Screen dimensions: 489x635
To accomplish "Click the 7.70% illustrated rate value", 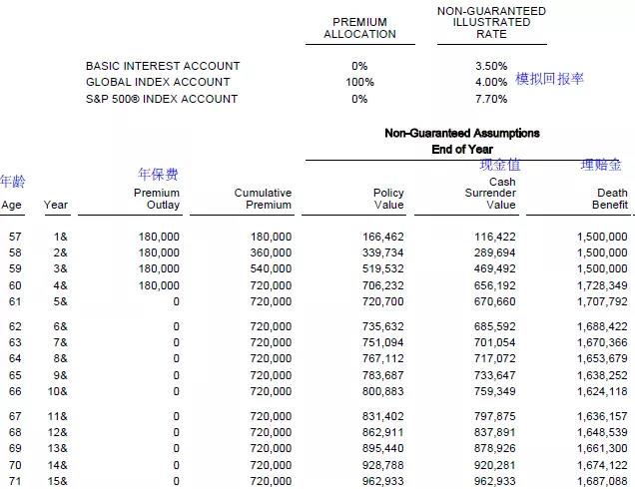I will click(491, 99).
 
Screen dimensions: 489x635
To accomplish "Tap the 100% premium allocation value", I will click(359, 82).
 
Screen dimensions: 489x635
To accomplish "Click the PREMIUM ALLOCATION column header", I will click(359, 28).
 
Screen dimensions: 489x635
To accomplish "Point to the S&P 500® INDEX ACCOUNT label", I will click(162, 99).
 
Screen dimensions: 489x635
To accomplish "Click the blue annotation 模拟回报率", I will click(550, 79).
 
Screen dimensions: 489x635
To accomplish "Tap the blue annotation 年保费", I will click(158, 175).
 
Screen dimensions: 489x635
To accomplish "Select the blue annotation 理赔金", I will click(601, 165).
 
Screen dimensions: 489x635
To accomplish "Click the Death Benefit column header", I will click(612, 199).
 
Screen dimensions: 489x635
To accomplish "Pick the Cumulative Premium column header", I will click(263, 199).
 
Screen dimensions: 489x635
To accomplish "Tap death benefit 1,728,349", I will click(602, 284).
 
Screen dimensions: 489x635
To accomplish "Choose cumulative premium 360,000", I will click(271, 252).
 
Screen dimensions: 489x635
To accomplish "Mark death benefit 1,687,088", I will click(602, 480).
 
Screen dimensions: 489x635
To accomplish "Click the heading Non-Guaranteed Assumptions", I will click(461, 133).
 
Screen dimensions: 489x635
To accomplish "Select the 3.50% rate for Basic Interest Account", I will click(491, 66).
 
